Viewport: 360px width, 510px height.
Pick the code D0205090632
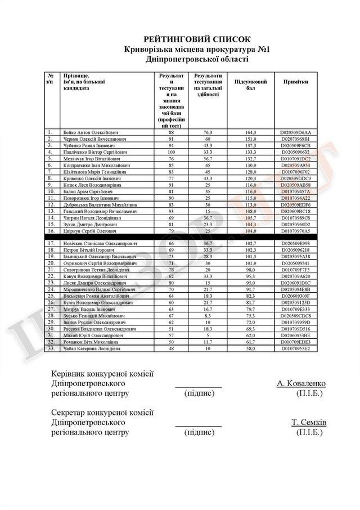point(296,153)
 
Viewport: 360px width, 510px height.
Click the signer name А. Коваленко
point(301,383)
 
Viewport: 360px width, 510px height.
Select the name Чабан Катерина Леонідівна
point(92,348)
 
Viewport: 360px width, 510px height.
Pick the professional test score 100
point(171,153)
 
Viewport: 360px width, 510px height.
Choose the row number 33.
point(51,348)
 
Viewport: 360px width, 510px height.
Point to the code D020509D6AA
point(296,132)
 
